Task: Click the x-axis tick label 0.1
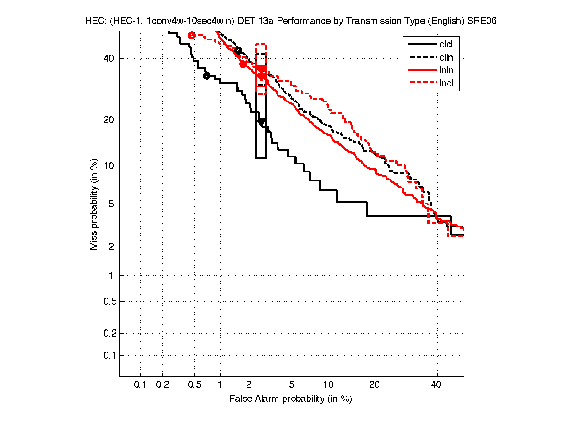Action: pos(140,385)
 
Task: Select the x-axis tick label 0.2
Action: pos(163,385)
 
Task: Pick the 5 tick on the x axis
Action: pos(292,385)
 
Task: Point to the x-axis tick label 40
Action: pos(436,385)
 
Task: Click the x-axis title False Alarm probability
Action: pos(291,399)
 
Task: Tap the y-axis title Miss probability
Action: pos(94,204)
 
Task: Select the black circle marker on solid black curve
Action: pos(207,76)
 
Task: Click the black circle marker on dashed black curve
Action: pos(238,50)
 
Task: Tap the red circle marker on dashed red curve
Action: pos(192,35)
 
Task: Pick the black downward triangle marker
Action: pos(261,122)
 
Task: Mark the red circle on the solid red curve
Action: pos(243,64)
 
